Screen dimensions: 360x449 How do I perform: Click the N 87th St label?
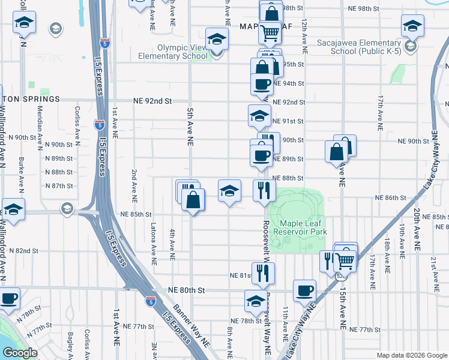(x=59, y=186)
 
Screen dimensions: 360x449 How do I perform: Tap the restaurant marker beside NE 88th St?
(x=264, y=191)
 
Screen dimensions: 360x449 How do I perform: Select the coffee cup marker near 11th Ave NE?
(x=304, y=290)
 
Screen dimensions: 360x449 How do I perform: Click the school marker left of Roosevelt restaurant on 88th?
(x=229, y=191)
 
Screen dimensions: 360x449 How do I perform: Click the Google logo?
(x=19, y=353)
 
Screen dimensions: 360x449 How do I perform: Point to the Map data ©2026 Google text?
(x=411, y=355)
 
